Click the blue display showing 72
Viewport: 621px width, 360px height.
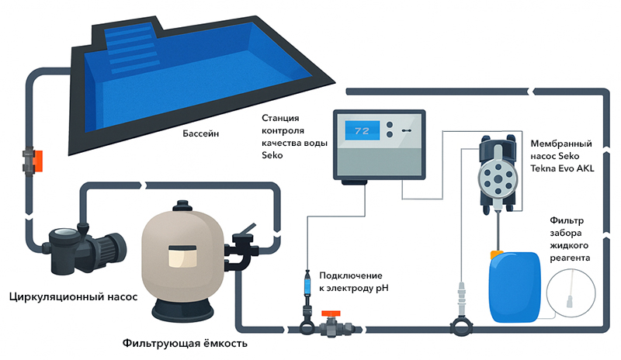coord(362,130)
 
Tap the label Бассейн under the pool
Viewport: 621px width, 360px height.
coord(200,133)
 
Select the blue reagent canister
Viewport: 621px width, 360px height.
coord(515,287)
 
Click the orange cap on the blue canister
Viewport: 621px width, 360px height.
coord(496,254)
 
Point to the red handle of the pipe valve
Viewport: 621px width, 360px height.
coord(331,313)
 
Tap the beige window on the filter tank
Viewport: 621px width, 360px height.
coord(182,256)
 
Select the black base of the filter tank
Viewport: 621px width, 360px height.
coord(182,310)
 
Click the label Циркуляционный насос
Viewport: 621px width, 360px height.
coord(73,296)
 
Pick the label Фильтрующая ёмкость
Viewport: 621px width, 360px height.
coord(185,343)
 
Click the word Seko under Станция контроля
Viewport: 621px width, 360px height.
coord(272,155)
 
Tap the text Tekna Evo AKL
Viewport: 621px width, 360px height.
coord(562,168)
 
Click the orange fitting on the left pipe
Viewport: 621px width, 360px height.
coord(38,161)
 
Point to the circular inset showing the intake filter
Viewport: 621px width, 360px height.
coord(571,293)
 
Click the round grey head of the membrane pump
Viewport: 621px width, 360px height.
coord(498,179)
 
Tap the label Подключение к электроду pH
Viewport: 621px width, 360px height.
coord(354,282)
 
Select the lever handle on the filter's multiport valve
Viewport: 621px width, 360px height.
coord(246,231)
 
